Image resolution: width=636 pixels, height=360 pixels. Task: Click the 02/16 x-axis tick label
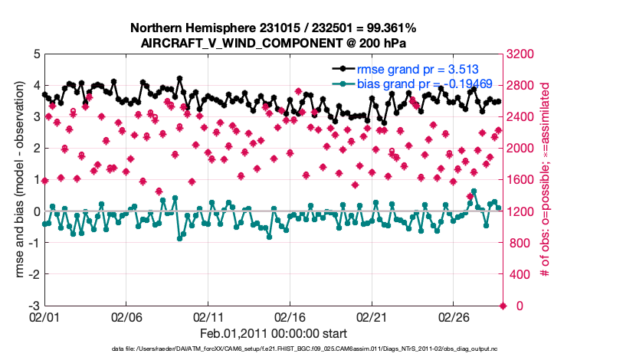click(x=290, y=316)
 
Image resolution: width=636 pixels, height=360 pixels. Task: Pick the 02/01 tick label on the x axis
click(x=44, y=316)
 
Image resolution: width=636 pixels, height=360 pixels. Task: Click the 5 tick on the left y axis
click(x=35, y=54)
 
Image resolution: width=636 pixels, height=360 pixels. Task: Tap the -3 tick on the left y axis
click(x=33, y=306)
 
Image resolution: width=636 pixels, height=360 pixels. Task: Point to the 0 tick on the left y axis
click(x=35, y=211)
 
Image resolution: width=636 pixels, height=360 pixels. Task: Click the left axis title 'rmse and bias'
click(x=16, y=180)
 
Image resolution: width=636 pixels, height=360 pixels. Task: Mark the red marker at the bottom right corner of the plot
click(x=503, y=306)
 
